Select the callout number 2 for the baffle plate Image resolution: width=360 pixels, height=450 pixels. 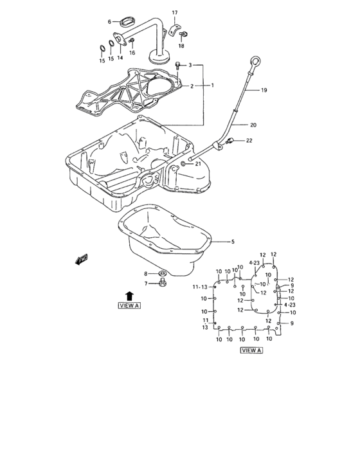(190, 85)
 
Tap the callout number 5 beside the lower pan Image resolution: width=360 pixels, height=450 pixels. (233, 242)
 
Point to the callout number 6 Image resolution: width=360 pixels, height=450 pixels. (109, 22)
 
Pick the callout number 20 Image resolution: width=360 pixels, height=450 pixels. (253, 125)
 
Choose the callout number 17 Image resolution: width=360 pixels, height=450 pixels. (174, 13)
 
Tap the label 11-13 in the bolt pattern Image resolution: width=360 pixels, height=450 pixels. (199, 287)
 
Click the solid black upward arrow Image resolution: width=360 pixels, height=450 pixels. (129, 294)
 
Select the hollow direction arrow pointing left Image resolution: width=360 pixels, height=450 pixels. (81, 260)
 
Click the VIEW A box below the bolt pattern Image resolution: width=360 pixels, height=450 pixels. (251, 350)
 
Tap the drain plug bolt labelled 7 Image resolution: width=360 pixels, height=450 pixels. (163, 283)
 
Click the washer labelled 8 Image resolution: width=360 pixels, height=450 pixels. (163, 274)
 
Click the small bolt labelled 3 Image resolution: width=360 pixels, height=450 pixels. (177, 65)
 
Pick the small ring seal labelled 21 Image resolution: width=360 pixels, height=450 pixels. (184, 165)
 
